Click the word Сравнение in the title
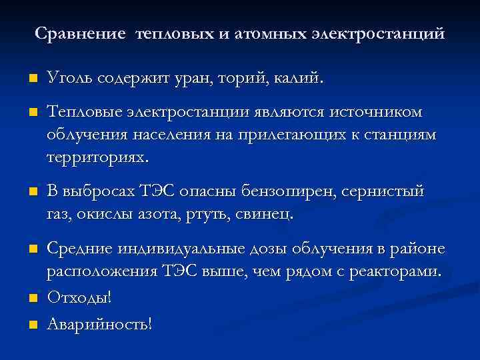(x=79, y=33)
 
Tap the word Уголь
(x=69, y=79)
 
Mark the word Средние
(x=79, y=249)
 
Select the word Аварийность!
(x=99, y=325)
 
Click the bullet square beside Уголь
(x=31, y=81)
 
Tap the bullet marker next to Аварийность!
(x=31, y=325)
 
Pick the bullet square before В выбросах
(x=31, y=193)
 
